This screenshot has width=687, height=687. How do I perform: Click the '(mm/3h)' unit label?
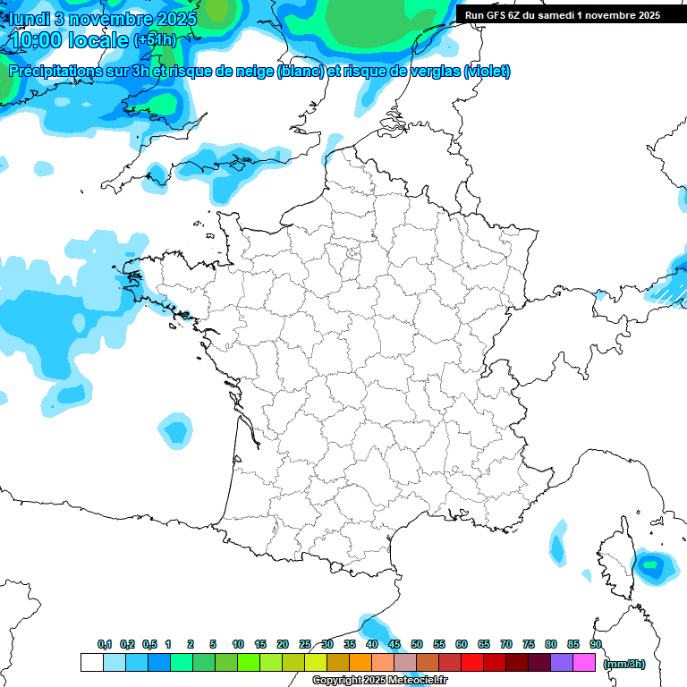(624, 664)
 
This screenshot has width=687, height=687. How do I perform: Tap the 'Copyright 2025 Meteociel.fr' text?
(379, 681)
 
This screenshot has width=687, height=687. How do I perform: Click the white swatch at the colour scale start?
(91, 663)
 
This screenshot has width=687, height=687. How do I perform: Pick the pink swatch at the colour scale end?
(584, 663)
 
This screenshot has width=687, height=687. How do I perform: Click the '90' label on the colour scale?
(595, 644)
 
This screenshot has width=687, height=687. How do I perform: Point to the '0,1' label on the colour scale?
(105, 644)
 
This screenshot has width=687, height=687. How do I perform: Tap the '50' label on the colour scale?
(417, 644)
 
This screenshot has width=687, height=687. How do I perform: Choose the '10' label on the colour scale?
(238, 644)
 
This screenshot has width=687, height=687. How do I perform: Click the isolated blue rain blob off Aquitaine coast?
(175, 432)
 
